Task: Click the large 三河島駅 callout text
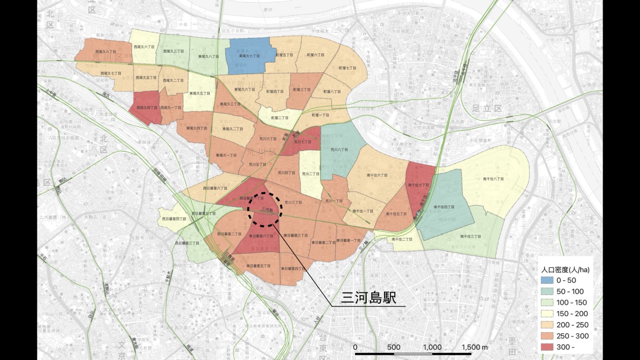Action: [x=368, y=298]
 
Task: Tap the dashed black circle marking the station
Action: [x=265, y=209]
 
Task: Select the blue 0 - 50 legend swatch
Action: [x=547, y=280]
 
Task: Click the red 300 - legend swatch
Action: [x=547, y=347]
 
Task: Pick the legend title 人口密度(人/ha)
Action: [x=565, y=269]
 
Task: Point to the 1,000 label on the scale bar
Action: [x=432, y=347]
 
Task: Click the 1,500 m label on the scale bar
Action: [x=474, y=347]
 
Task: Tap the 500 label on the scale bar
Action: [x=393, y=347]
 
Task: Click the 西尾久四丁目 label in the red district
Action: [x=147, y=108]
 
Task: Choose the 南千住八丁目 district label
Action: [x=493, y=179]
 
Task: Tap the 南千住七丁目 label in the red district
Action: [x=418, y=185]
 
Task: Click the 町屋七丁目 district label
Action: [x=347, y=69]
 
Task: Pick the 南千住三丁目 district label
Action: [x=471, y=236]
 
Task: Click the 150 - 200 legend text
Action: [x=572, y=314]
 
